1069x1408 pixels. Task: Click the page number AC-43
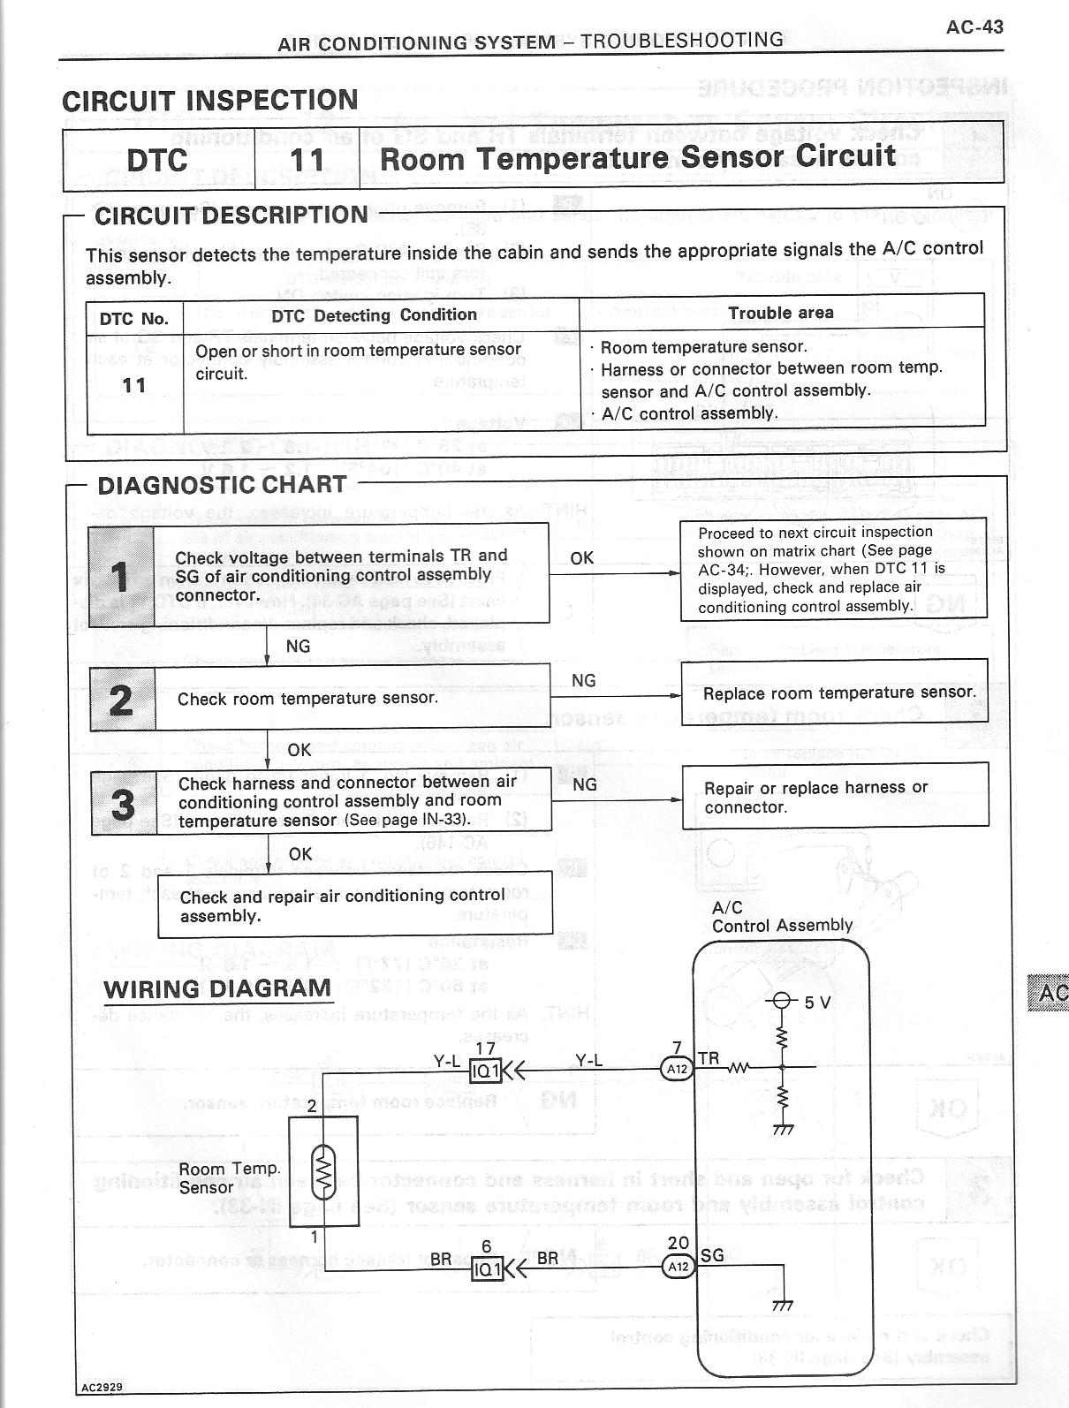tap(974, 26)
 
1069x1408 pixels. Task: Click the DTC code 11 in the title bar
tap(307, 160)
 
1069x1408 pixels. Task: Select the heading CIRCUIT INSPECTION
tap(210, 100)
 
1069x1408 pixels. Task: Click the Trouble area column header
tap(781, 313)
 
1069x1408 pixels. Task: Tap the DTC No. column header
tap(134, 318)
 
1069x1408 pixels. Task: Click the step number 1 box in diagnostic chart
tap(121, 577)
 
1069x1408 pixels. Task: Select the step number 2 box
tap(122, 699)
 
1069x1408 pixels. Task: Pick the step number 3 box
tap(124, 803)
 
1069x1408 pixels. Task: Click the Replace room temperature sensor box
tap(835, 693)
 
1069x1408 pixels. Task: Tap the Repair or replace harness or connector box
tap(835, 797)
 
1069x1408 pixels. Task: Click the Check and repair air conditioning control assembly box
tap(355, 905)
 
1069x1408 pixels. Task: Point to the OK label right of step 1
tap(581, 558)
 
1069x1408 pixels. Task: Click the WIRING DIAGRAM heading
tap(217, 988)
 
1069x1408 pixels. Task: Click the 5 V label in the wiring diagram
tap(817, 1003)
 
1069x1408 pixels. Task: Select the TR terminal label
tap(709, 1058)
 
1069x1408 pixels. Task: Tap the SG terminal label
tap(712, 1255)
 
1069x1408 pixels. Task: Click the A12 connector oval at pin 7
tap(678, 1069)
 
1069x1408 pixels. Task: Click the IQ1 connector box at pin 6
tap(487, 1269)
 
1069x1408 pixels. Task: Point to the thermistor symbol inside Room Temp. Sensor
tap(324, 1170)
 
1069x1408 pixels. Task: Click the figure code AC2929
tap(102, 1387)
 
